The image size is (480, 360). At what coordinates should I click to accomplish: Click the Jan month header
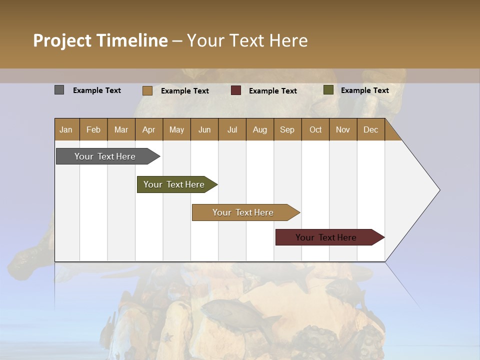tap(66, 129)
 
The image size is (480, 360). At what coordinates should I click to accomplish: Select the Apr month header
tap(148, 129)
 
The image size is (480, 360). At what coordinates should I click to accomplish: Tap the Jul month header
tap(232, 129)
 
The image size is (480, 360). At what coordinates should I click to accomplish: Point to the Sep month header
tap(287, 129)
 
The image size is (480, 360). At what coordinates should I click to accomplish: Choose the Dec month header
tap(370, 129)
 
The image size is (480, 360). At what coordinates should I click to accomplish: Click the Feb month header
tap(93, 129)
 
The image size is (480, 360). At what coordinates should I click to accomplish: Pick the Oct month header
tap(315, 129)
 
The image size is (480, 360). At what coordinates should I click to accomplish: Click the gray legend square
tap(59, 90)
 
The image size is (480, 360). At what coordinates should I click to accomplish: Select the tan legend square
tap(147, 90)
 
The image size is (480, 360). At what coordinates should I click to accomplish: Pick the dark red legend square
tap(235, 90)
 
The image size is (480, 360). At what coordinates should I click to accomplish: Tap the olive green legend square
tap(328, 90)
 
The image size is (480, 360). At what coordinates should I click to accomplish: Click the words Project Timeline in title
tap(100, 40)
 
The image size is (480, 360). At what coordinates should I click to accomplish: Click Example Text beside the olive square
tap(364, 90)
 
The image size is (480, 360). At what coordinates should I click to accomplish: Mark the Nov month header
tap(342, 129)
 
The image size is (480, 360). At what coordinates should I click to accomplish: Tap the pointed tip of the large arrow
tap(438, 190)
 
